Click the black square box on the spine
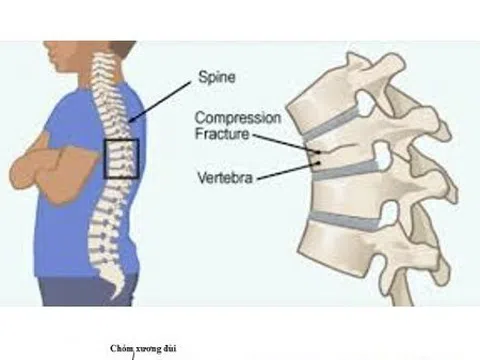point(120,159)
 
